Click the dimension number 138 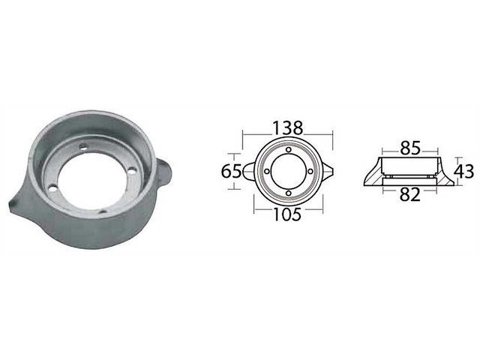(287, 127)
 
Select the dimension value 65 (231, 171)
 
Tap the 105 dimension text (287, 215)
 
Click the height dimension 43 (465, 171)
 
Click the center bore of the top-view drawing (287, 172)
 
